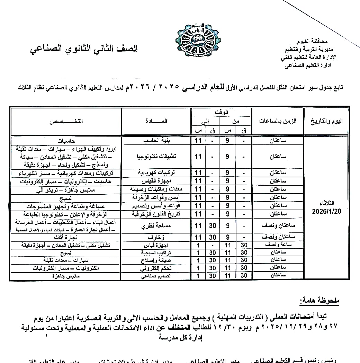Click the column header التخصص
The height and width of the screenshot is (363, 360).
[66, 121]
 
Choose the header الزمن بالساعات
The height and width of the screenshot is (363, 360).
[278, 121]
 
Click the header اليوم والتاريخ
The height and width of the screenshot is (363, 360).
[326, 121]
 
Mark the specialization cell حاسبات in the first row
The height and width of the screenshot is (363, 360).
[66, 141]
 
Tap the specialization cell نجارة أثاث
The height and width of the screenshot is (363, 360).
[66, 238]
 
